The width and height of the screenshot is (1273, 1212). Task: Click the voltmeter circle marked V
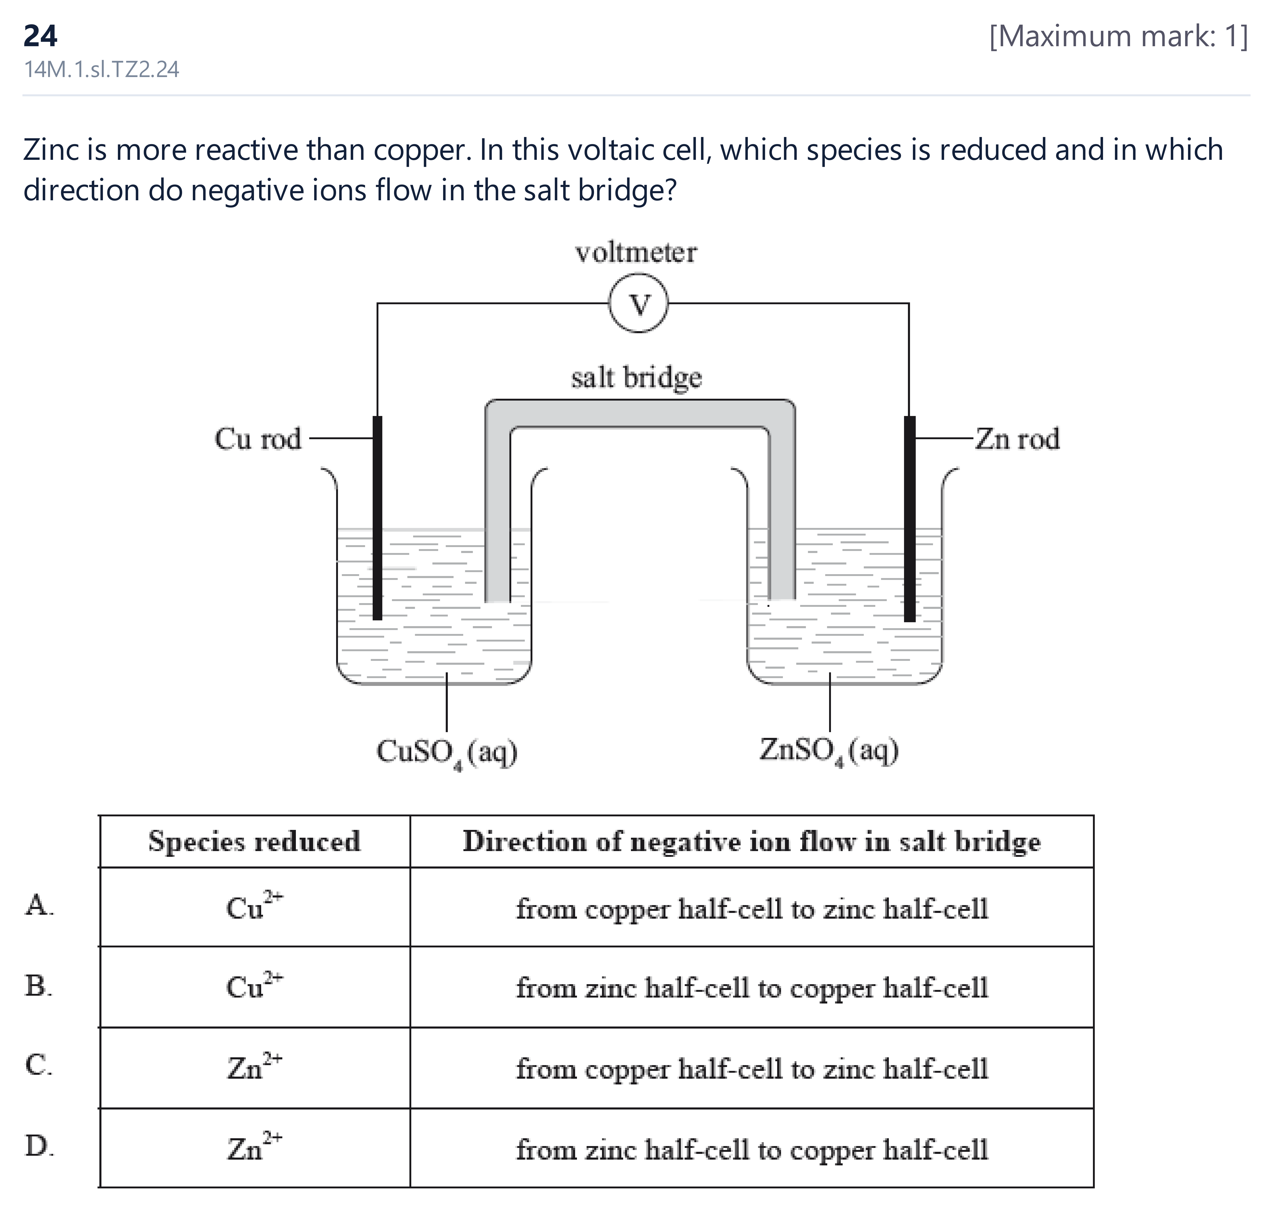click(x=638, y=303)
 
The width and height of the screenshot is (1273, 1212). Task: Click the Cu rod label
click(x=258, y=439)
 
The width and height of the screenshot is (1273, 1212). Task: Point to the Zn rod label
click(x=1017, y=439)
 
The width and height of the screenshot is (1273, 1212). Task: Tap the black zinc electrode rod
click(x=909, y=519)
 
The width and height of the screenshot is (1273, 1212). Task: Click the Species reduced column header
click(x=254, y=841)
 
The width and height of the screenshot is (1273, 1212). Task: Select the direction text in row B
click(x=752, y=988)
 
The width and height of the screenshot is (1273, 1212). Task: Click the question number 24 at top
click(x=40, y=36)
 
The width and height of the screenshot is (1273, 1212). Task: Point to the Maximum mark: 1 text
click(x=1119, y=36)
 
